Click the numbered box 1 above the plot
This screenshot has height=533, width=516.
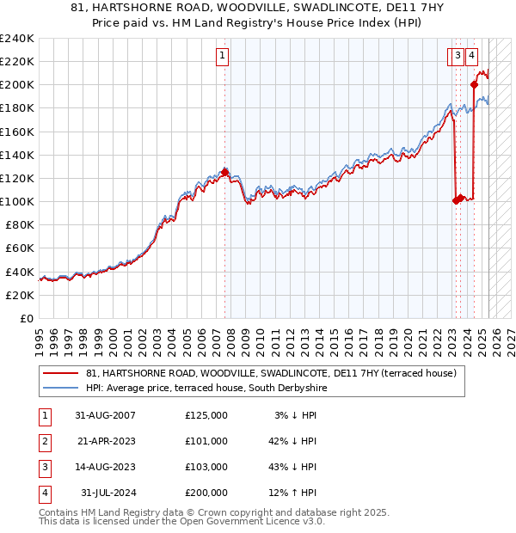pyautogui.click(x=222, y=57)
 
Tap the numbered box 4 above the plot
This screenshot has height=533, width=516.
pyautogui.click(x=472, y=57)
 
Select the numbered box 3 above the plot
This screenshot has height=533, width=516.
pyautogui.click(x=459, y=57)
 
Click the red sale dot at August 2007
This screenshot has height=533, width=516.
pyautogui.click(x=224, y=172)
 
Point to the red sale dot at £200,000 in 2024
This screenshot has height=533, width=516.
pyautogui.click(x=474, y=84)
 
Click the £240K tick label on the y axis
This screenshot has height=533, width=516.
pyautogui.click(x=17, y=39)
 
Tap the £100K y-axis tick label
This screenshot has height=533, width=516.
pyautogui.click(x=17, y=201)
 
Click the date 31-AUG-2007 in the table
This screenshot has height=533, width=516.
pyautogui.click(x=105, y=415)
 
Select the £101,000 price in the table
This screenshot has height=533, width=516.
pyautogui.click(x=206, y=441)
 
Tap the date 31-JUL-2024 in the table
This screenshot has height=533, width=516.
pyautogui.click(x=105, y=493)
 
